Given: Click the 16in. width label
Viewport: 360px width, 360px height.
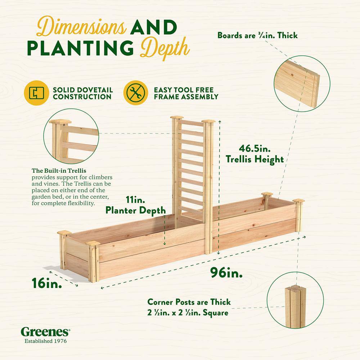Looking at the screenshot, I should point(46,283).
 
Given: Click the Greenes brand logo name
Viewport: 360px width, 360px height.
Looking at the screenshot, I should point(45,331).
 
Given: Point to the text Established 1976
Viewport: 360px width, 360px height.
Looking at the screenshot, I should point(45,341).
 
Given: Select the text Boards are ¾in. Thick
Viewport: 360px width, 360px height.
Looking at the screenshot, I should point(257,35).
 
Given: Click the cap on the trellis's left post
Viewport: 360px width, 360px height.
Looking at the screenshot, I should point(177,118).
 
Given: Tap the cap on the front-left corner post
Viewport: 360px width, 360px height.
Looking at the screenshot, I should point(93,244).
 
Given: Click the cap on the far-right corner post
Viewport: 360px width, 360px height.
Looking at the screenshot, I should point(298,201).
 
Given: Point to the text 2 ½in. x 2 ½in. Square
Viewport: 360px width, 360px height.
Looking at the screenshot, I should point(188,312).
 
